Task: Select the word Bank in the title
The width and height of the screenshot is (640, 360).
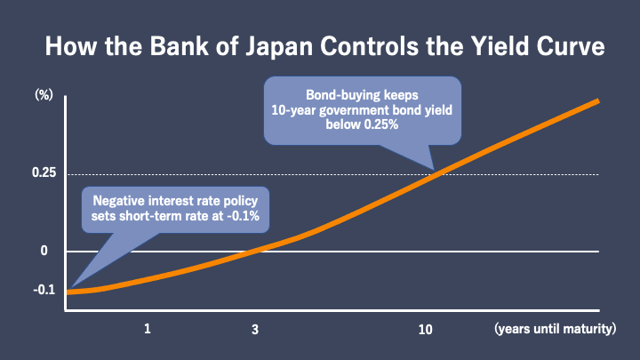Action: click(x=166, y=45)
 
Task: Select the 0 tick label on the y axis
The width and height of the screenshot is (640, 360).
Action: click(x=44, y=252)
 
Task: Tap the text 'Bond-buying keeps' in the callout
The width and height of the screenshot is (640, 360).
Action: click(x=363, y=94)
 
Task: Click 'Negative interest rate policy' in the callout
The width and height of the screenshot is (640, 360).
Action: click(x=175, y=200)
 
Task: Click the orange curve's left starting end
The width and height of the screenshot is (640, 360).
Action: click(x=70, y=291)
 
